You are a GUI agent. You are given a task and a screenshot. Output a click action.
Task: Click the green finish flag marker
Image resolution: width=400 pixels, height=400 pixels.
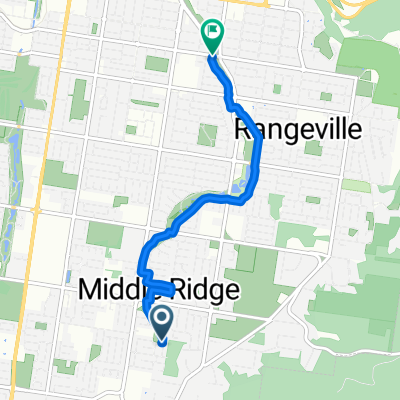pos(212,35)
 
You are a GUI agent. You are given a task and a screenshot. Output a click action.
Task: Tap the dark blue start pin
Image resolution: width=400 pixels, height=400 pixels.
pos(160,322)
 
